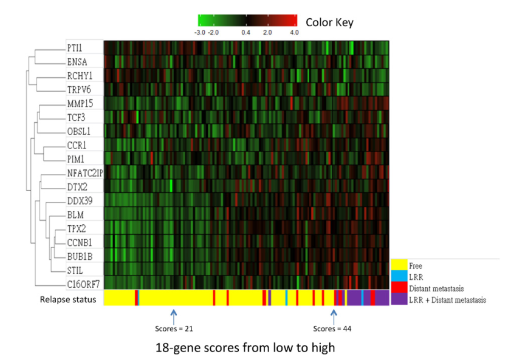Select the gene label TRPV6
click(80, 89)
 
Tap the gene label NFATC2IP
click(85, 173)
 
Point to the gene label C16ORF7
click(83, 283)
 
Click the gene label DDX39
click(80, 200)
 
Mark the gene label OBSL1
click(80, 131)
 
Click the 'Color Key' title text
click(329, 22)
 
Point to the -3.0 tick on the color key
click(200, 32)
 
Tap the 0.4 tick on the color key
click(245, 32)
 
